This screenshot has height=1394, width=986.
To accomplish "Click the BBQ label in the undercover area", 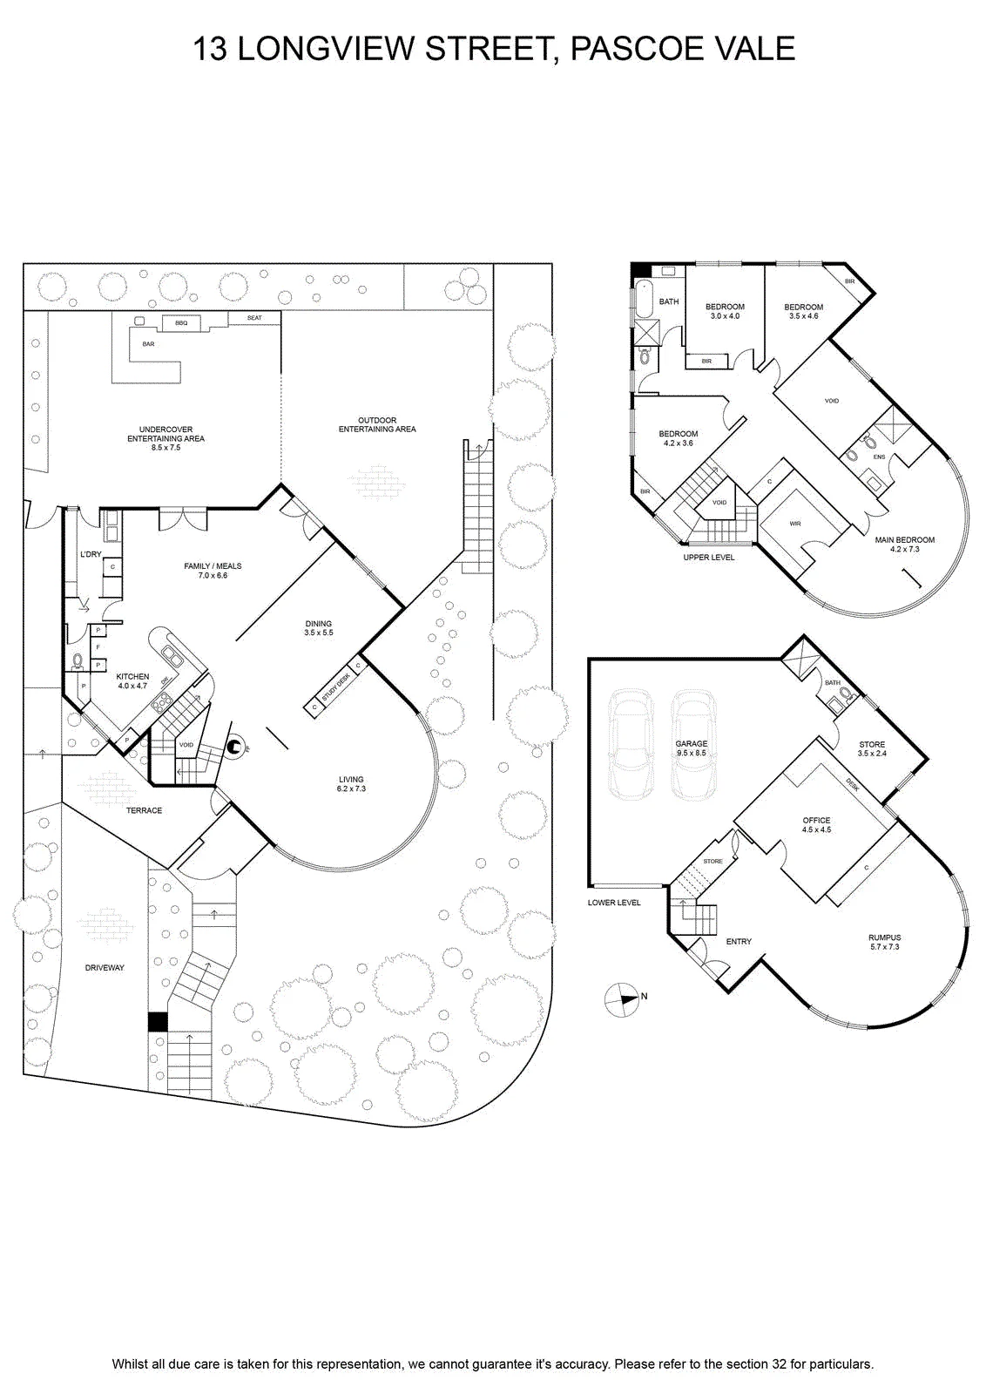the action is point(181,323).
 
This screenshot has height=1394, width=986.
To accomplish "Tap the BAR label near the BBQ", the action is point(148,343).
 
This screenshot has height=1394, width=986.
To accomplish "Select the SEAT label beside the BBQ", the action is point(254,318).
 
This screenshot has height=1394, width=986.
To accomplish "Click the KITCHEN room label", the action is point(132,676).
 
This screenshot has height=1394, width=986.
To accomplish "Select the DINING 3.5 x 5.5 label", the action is point(319,628).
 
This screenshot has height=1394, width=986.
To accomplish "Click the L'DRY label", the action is point(91,554).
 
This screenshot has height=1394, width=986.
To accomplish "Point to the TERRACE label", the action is point(144,810).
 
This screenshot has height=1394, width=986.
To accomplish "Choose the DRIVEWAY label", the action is point(105,968).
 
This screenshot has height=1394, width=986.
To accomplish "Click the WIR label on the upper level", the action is point(795,524).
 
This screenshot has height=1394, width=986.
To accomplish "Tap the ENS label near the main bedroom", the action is point(879,457).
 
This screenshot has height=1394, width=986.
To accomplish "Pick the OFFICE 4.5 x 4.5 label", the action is point(816,824).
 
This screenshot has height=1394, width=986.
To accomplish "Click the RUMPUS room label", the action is point(885,937).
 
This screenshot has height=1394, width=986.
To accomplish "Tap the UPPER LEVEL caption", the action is point(708,557).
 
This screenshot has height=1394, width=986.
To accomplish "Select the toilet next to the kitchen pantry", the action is point(78,660).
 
